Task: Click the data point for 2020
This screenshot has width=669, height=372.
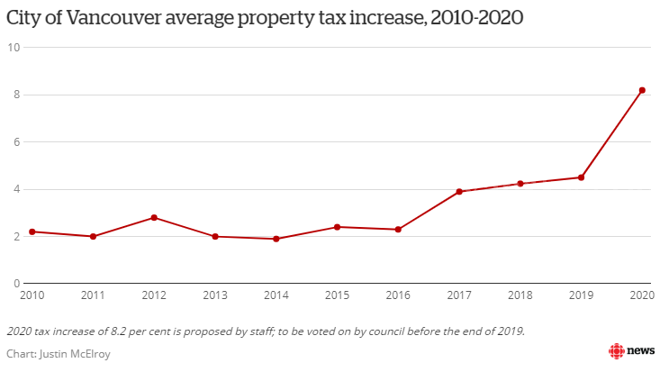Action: [x=642, y=90]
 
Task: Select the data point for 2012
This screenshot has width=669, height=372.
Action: [x=154, y=217]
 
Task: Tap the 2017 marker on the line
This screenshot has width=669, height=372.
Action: [x=459, y=192]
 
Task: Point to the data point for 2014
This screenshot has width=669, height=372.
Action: [x=276, y=239]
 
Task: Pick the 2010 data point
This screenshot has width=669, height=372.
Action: [x=32, y=231]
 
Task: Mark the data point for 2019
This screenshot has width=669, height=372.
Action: [x=581, y=177]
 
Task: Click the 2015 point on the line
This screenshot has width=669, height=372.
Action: [x=337, y=227]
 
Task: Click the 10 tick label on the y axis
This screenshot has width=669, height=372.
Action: [x=14, y=48]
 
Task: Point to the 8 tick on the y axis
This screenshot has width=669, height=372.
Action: [x=16, y=95]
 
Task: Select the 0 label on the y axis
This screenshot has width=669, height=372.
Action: [x=16, y=284]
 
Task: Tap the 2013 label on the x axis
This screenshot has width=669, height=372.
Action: [x=215, y=295]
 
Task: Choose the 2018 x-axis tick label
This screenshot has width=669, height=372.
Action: [x=520, y=295]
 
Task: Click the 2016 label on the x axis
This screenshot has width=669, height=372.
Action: [x=398, y=295]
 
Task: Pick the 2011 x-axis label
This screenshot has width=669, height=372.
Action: [x=93, y=295]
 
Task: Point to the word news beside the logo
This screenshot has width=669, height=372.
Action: [x=641, y=351]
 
